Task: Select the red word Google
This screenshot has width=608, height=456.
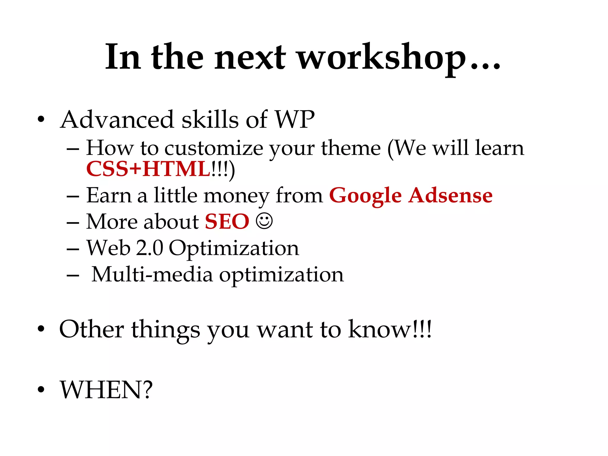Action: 365,196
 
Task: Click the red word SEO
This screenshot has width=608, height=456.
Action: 227,221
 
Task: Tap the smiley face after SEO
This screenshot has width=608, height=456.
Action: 264,221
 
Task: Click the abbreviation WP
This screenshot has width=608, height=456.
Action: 294,119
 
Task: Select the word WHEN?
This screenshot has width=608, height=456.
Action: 106,389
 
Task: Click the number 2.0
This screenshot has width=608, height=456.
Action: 149,248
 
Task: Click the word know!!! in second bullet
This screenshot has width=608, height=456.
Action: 390,329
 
